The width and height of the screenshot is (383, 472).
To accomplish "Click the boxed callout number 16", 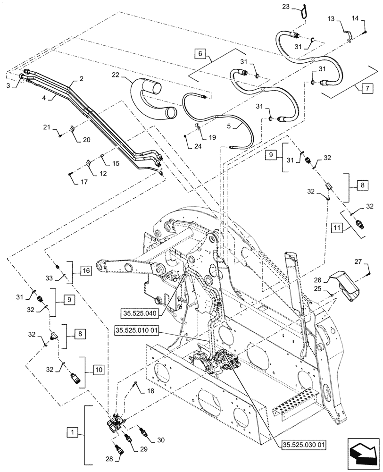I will [x=85, y=271].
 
